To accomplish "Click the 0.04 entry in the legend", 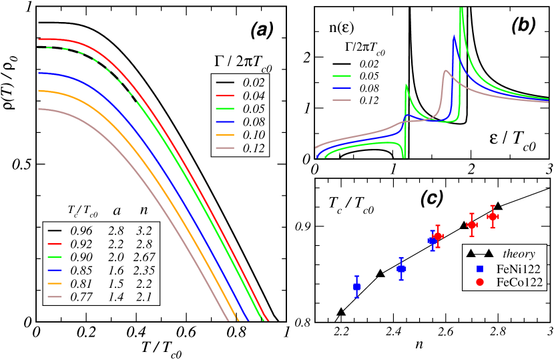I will (x=254, y=96).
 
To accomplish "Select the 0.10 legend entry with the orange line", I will (x=254, y=134).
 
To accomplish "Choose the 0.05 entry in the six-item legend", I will (x=254, y=109).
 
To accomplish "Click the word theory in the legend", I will (x=519, y=254).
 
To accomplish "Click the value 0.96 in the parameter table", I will (x=82, y=230).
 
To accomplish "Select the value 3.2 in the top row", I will (x=144, y=230).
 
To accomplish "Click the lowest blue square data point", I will (x=357, y=287).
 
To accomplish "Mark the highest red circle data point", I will (x=493, y=216).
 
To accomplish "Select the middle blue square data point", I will (x=401, y=268).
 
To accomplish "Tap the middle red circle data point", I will (x=471, y=225).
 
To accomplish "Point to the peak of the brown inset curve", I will (x=445, y=71).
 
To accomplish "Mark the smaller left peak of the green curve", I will (x=406, y=85).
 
